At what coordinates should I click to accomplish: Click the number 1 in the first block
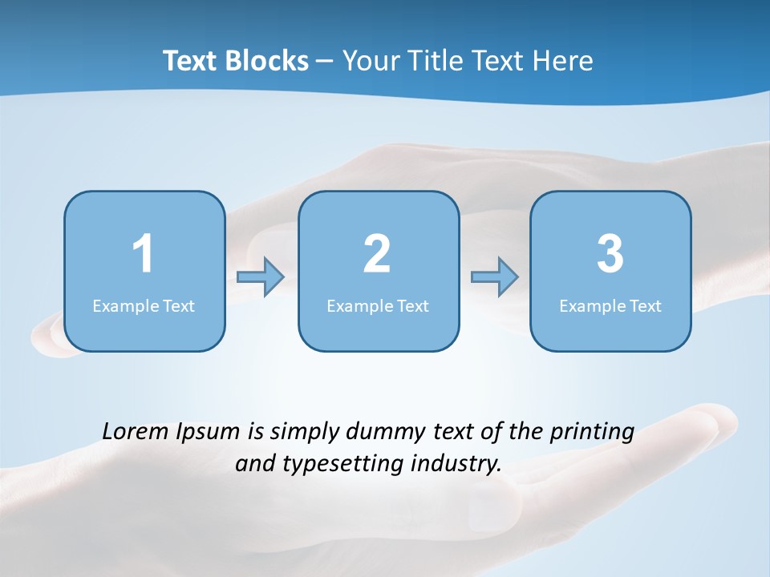pyautogui.click(x=143, y=254)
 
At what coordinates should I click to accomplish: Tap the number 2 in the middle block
pyautogui.click(x=377, y=254)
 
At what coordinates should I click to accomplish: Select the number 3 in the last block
pyautogui.click(x=610, y=254)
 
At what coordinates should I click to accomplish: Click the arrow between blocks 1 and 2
pyautogui.click(x=261, y=277)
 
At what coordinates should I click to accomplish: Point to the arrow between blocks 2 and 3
pyautogui.click(x=495, y=277)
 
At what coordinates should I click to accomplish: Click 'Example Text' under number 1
pyautogui.click(x=144, y=306)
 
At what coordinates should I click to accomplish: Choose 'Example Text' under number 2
pyautogui.click(x=378, y=306)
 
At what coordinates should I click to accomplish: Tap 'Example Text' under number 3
pyautogui.click(x=610, y=306)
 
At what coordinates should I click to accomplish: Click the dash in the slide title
pyautogui.click(x=325, y=62)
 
